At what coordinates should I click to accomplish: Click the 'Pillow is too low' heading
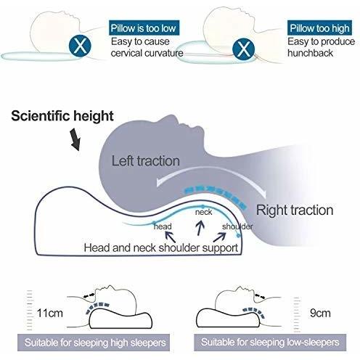point(144,28)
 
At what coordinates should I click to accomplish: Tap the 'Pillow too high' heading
point(319,28)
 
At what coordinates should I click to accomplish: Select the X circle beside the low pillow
point(80,46)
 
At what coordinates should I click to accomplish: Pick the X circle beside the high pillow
point(243,49)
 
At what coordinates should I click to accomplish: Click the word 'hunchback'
point(310,53)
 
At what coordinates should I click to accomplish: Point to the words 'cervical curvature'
point(147,53)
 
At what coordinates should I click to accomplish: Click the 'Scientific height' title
point(62,116)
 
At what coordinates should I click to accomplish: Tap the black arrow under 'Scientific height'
point(75,139)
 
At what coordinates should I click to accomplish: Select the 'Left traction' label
point(145,161)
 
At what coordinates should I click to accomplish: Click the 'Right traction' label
point(295,210)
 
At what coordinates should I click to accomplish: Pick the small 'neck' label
point(203,212)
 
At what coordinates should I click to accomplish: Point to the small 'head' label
point(163,226)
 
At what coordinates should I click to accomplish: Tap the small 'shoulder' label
point(237,226)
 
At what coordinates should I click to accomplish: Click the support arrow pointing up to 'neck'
point(200,228)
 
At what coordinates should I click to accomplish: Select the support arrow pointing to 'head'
point(171,237)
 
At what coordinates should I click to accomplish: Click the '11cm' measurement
point(50,313)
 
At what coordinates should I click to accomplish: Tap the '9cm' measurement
point(320,313)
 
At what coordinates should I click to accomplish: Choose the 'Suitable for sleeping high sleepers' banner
point(94,343)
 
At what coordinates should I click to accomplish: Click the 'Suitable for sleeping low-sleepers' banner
point(270,343)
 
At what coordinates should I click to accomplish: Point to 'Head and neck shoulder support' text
point(161,247)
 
